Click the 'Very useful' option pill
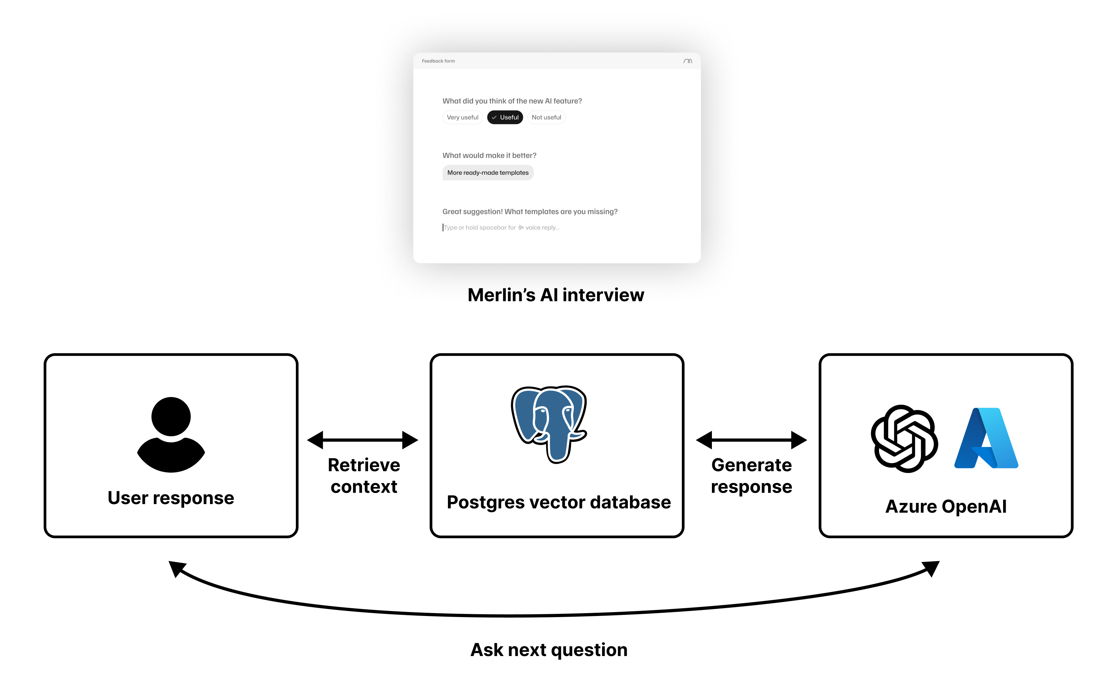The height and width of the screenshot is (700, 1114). (462, 117)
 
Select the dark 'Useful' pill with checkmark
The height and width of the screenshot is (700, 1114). (505, 117)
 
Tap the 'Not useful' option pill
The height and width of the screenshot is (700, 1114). (546, 117)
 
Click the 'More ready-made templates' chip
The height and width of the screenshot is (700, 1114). (488, 172)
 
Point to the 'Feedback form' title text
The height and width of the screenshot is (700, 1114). (438, 61)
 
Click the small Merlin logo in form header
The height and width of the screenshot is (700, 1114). (688, 61)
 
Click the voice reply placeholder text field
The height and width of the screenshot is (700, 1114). (502, 227)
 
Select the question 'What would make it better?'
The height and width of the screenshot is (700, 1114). (489, 156)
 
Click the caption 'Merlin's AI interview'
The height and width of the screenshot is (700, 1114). (556, 295)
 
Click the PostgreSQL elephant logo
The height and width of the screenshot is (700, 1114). (549, 423)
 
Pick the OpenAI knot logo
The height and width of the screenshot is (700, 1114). (904, 438)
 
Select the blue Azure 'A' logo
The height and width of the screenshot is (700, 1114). (986, 438)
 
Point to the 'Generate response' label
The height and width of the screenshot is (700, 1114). (751, 476)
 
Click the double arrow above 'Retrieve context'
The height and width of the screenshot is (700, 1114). (362, 440)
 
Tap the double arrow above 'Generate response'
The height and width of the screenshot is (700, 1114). (751, 440)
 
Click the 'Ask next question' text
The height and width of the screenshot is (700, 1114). (549, 650)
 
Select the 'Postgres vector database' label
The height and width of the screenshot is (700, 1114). (558, 502)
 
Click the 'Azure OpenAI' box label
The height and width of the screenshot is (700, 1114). (946, 506)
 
